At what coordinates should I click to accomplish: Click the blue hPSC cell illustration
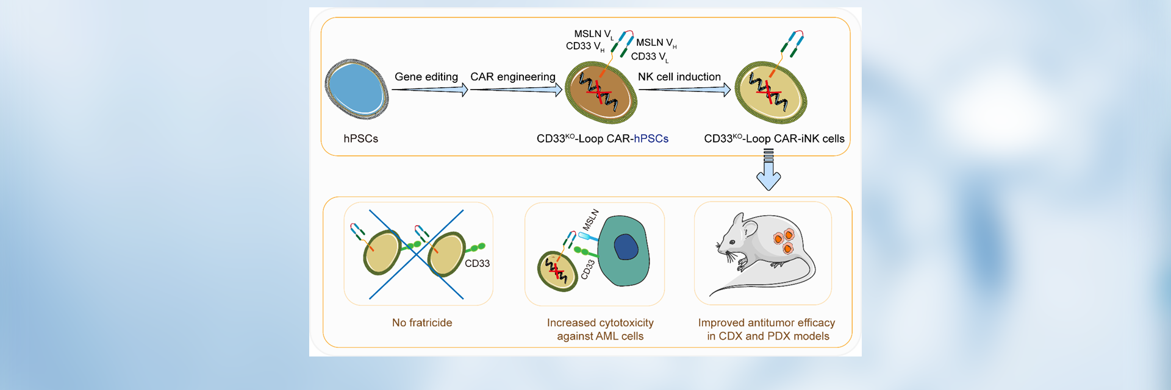[357, 89]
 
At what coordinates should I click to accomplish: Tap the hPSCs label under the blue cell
[360, 139]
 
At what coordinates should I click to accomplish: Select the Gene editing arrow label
[426, 77]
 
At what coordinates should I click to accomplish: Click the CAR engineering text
[512, 77]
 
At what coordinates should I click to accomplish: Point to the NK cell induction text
[679, 77]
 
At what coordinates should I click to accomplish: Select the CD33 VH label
[584, 46]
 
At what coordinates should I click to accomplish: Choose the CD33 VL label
[649, 57]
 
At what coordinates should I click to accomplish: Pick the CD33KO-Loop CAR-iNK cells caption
[774, 139]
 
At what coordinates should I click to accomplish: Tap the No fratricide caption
[422, 323]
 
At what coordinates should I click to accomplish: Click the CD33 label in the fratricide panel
[477, 263]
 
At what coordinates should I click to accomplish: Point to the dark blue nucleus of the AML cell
[626, 247]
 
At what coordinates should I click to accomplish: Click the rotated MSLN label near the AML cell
[590, 219]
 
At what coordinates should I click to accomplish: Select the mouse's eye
[732, 243]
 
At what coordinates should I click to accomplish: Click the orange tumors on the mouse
[784, 240]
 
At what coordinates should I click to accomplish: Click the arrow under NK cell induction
[684, 90]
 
